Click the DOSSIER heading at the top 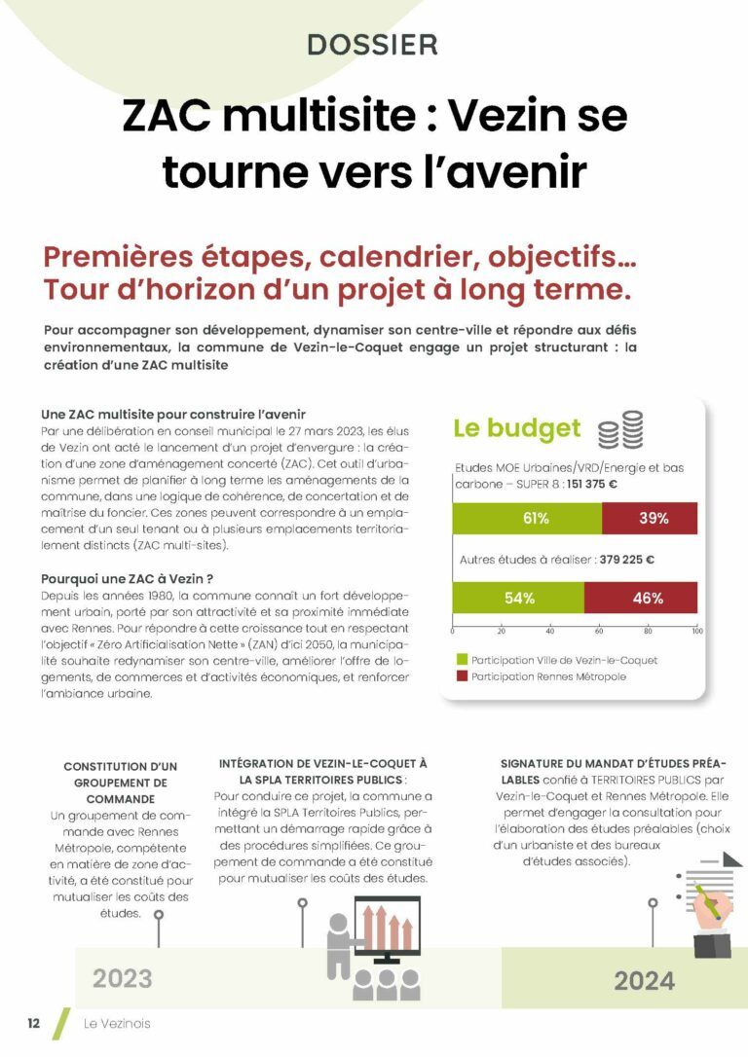373,44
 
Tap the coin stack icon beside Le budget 620,429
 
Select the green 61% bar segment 528,518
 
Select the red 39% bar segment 650,518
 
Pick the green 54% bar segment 518,598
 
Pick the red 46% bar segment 641,598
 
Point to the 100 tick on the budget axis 696,631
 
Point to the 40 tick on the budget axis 550,631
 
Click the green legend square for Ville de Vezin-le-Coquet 463,660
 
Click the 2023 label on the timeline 123,978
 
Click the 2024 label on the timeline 644,980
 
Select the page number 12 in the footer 33,1023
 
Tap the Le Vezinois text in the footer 117,1023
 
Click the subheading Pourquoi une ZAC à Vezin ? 127,578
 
